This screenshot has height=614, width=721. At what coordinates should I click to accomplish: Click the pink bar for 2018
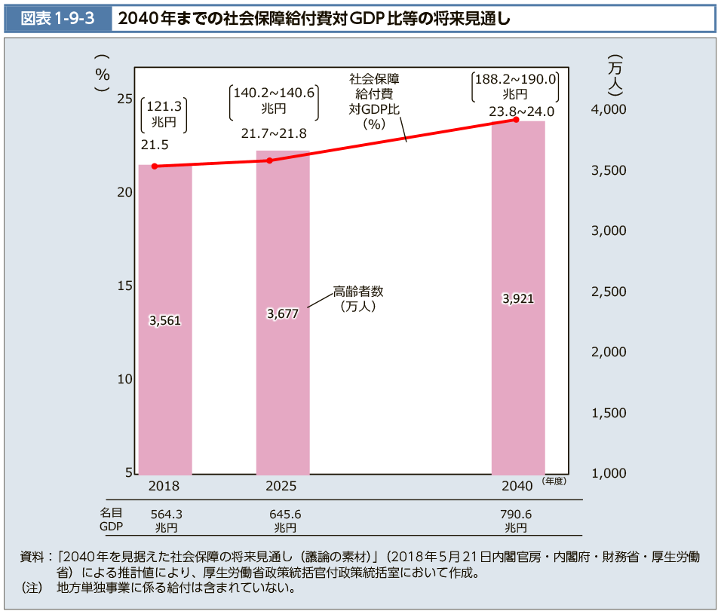point(165,392)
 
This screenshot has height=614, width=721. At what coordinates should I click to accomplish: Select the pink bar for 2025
point(283,392)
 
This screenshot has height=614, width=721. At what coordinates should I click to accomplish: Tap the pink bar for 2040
point(518,392)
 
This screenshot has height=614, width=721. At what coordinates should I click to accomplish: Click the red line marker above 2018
point(155,166)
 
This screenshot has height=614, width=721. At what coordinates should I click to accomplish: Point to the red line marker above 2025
point(270,160)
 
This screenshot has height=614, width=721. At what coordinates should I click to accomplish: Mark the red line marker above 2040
point(516,119)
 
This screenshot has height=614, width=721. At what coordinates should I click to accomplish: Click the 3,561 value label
point(165,320)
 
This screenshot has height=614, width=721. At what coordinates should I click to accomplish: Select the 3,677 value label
point(283,313)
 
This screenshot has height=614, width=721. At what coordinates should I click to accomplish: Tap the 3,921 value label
point(518,298)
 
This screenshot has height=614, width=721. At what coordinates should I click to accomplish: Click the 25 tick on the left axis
point(125,99)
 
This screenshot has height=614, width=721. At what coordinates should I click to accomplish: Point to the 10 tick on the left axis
point(125,380)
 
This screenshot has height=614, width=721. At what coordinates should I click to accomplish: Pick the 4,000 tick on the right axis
point(609,110)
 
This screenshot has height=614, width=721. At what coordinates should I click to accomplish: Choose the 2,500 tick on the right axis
point(609,292)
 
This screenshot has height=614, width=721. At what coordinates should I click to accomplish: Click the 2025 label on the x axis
point(281,486)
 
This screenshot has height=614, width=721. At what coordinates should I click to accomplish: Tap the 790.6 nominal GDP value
point(516,514)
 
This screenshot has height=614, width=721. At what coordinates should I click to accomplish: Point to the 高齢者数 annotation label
point(358,291)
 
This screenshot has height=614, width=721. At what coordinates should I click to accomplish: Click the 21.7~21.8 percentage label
point(274,133)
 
